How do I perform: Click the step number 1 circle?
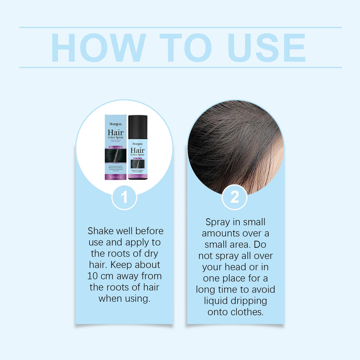[124, 197]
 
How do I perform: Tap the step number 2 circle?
[234, 197]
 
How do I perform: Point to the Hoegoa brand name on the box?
[115, 124]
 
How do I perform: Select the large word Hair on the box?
[115, 133]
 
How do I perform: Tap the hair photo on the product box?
[115, 156]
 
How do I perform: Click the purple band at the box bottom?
[115, 176]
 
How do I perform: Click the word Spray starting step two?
[218, 222]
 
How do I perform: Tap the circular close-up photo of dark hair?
[235, 146]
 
